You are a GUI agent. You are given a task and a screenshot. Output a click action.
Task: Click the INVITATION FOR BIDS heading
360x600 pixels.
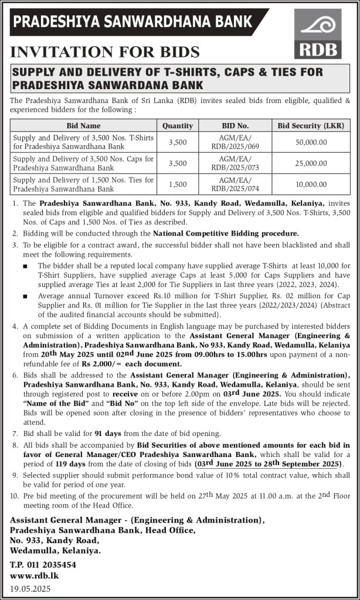click(x=105, y=52)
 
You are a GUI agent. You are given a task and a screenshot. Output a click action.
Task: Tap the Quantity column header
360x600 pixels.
click(x=177, y=125)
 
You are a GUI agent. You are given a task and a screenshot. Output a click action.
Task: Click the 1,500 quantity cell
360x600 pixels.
click(x=177, y=184)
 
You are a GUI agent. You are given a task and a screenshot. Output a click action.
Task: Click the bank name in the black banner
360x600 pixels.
click(x=133, y=22)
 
